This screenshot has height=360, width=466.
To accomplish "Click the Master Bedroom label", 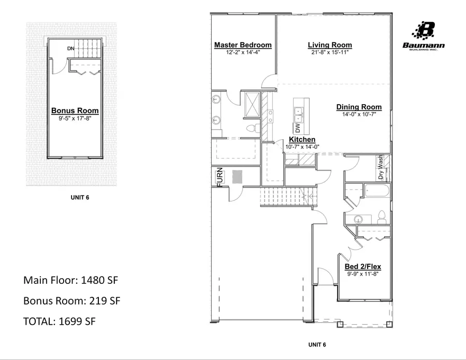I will click(x=243, y=45).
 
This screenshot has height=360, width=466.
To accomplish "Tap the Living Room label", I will click(x=330, y=45).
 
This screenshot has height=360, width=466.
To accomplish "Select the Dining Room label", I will click(x=359, y=107).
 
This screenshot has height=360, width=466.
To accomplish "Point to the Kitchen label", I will click(x=302, y=140).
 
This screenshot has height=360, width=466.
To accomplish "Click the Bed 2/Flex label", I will click(x=363, y=267).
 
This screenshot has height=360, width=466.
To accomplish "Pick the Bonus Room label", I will click(x=75, y=111).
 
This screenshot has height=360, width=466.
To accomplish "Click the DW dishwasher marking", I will click(x=298, y=127).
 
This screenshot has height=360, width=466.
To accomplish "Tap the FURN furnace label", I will click(x=219, y=177).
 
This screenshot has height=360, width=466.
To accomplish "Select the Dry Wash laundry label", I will click(x=382, y=168).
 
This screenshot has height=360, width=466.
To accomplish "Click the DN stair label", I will click(x=71, y=49).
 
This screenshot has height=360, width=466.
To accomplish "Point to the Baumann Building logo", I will click(x=424, y=37).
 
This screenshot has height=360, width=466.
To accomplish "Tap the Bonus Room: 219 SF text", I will click(x=72, y=301).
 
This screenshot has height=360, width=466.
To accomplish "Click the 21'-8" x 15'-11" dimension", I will click(x=330, y=52).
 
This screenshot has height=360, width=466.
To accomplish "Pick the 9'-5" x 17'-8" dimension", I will click(x=75, y=118).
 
